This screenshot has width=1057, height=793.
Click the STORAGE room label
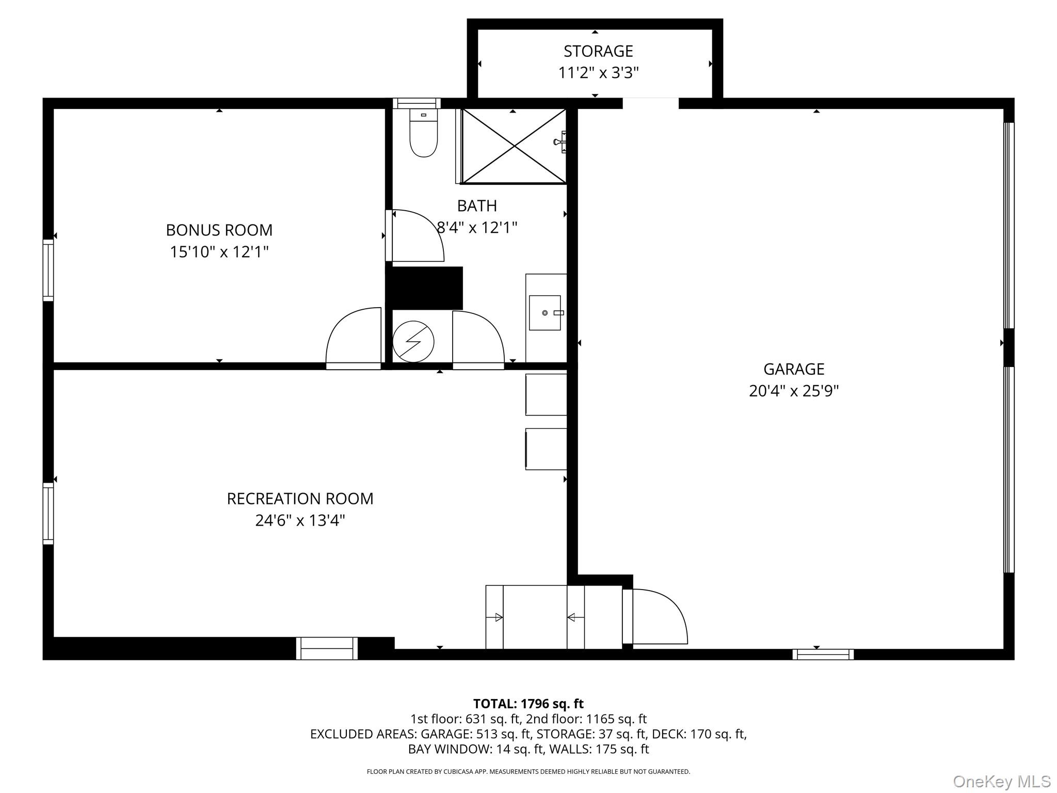click(x=598, y=51)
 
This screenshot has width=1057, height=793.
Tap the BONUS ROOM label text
click(x=219, y=230)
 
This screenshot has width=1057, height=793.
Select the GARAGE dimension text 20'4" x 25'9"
click(x=793, y=391)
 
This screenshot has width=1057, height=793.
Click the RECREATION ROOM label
click(x=300, y=498)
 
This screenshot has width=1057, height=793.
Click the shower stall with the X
click(x=514, y=146)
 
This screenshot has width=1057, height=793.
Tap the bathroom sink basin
click(x=544, y=312)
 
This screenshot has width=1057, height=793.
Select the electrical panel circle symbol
click(x=413, y=341)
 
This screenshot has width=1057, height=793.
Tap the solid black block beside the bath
click(x=425, y=288)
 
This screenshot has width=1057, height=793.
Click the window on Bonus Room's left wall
click(x=48, y=269)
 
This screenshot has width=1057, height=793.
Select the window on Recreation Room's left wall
click(x=48, y=513)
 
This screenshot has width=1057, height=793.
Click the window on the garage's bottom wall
click(x=823, y=654)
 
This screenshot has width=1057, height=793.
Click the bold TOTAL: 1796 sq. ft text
click(x=528, y=703)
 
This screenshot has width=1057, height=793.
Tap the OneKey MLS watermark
click(x=1001, y=781)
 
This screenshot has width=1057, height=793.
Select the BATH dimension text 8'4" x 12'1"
click(x=477, y=227)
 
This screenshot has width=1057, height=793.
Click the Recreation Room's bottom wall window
click(x=327, y=648)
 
